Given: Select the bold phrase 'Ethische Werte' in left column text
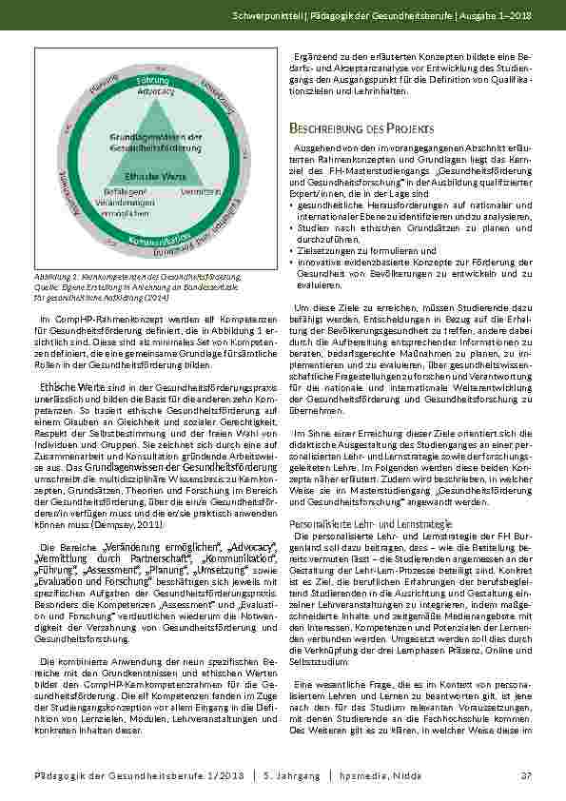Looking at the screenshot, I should pyautogui.click(x=72, y=387).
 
